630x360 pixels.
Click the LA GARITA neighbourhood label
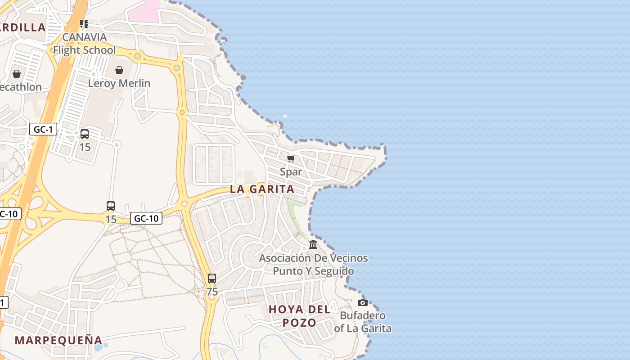point(262,189)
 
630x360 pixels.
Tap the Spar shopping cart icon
point(291,158)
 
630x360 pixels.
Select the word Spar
point(291,172)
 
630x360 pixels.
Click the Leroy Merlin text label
point(119,83)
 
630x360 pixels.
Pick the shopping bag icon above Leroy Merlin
point(119,70)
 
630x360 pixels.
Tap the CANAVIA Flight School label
point(85,44)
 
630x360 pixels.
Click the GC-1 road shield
point(43,130)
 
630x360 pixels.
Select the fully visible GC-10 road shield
point(146,219)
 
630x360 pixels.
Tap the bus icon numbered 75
point(212,279)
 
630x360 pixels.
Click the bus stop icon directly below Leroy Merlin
point(85,134)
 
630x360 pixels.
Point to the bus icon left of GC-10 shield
point(111,206)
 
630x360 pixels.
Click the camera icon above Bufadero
point(362,302)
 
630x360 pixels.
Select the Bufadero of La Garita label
point(363,322)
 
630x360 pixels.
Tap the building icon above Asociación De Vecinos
point(313,245)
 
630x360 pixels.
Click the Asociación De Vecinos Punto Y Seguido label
point(313,265)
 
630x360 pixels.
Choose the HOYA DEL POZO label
point(299,316)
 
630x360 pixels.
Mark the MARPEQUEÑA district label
point(58,340)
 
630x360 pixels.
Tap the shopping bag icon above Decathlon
point(17,74)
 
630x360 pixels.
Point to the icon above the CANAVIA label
point(84,23)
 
